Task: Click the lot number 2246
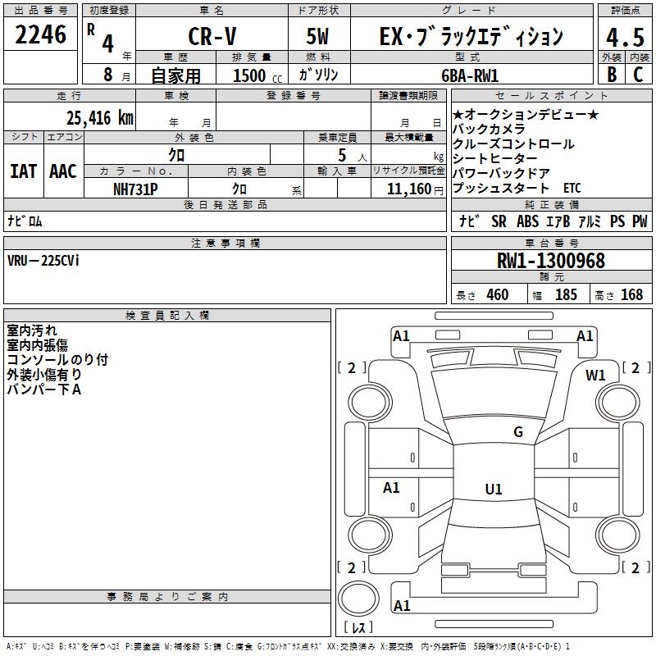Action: (x=41, y=35)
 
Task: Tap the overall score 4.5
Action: (x=624, y=36)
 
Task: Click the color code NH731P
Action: (x=135, y=189)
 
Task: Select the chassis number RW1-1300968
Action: (x=551, y=261)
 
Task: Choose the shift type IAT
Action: (x=23, y=171)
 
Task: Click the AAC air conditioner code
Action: (x=62, y=171)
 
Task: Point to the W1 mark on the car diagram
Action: (x=594, y=375)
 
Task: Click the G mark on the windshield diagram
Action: (x=517, y=432)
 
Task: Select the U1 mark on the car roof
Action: (x=493, y=490)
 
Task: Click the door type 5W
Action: (x=319, y=36)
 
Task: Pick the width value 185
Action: (x=566, y=294)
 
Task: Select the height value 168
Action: (x=631, y=294)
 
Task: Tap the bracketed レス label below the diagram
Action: (x=358, y=628)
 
